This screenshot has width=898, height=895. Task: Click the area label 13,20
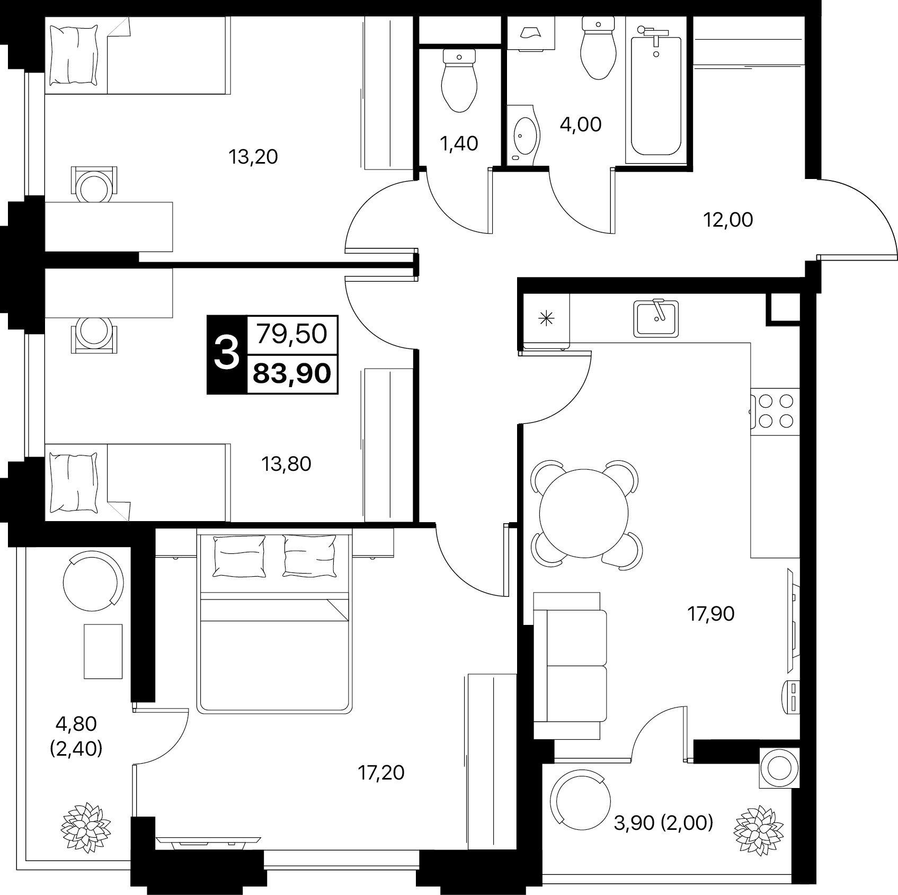[253, 157]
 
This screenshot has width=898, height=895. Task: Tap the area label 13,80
[286, 464]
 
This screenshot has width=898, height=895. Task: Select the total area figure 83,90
[292, 374]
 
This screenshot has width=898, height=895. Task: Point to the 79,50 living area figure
[292, 334]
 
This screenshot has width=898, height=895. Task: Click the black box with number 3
[227, 354]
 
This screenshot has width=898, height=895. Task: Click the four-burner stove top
[775, 411]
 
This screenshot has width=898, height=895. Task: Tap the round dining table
[584, 513]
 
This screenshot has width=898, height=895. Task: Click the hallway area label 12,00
[728, 220]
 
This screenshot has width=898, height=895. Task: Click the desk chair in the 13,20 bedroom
[94, 184]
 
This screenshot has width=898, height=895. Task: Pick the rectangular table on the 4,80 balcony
[103, 651]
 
